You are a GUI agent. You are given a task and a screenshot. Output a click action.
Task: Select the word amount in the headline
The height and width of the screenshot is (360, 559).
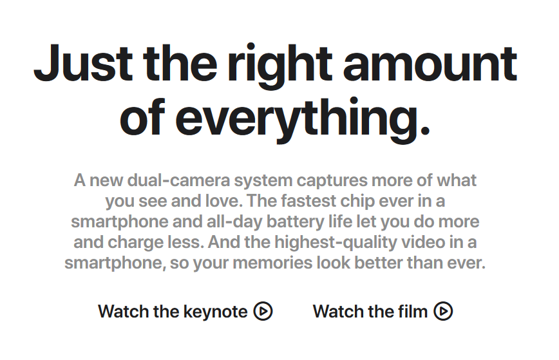[430, 64]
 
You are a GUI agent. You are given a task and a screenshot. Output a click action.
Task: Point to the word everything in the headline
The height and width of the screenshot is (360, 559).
[303, 119]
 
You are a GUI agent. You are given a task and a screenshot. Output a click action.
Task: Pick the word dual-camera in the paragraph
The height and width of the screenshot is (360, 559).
[178, 180]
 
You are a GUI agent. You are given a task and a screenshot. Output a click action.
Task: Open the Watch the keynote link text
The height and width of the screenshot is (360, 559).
[173, 312]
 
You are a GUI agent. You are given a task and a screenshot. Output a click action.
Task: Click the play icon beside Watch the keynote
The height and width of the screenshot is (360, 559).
[263, 311]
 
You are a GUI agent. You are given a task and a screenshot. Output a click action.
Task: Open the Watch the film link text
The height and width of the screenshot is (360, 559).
[370, 312]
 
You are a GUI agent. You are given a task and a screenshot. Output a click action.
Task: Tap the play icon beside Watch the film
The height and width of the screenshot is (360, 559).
[443, 311]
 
